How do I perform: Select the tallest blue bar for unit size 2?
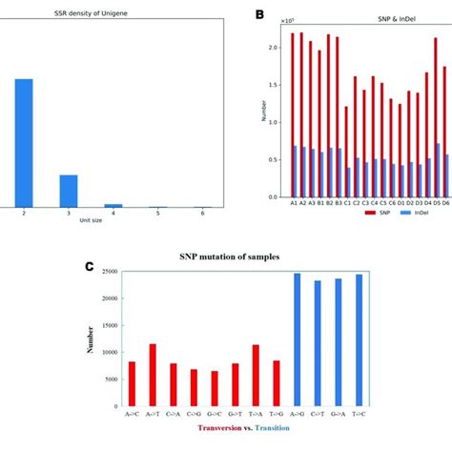click(24, 143)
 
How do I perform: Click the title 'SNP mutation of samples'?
click(225, 257)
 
